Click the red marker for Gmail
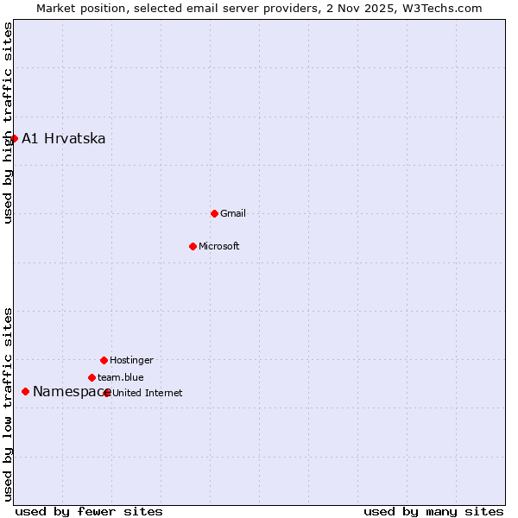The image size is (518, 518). click(x=214, y=213)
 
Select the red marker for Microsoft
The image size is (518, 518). click(x=193, y=246)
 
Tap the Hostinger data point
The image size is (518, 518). click(x=104, y=360)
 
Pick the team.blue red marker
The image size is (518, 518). click(x=92, y=377)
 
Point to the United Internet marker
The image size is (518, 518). click(x=107, y=393)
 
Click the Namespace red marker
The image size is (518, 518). click(x=25, y=391)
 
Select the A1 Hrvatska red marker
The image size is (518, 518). click(x=14, y=138)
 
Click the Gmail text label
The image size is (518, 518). click(x=233, y=213)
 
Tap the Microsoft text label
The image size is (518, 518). click(x=219, y=246)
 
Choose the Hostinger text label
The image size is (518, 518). click(x=131, y=360)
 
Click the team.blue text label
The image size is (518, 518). click(x=121, y=377)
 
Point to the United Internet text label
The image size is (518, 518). click(x=148, y=393)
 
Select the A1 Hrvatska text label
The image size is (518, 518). click(x=64, y=138)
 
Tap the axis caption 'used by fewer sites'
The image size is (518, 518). click(x=89, y=511)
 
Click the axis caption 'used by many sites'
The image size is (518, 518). click(x=433, y=511)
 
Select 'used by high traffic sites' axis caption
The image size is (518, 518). click(x=8, y=123)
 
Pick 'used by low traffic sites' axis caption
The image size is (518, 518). click(x=8, y=403)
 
